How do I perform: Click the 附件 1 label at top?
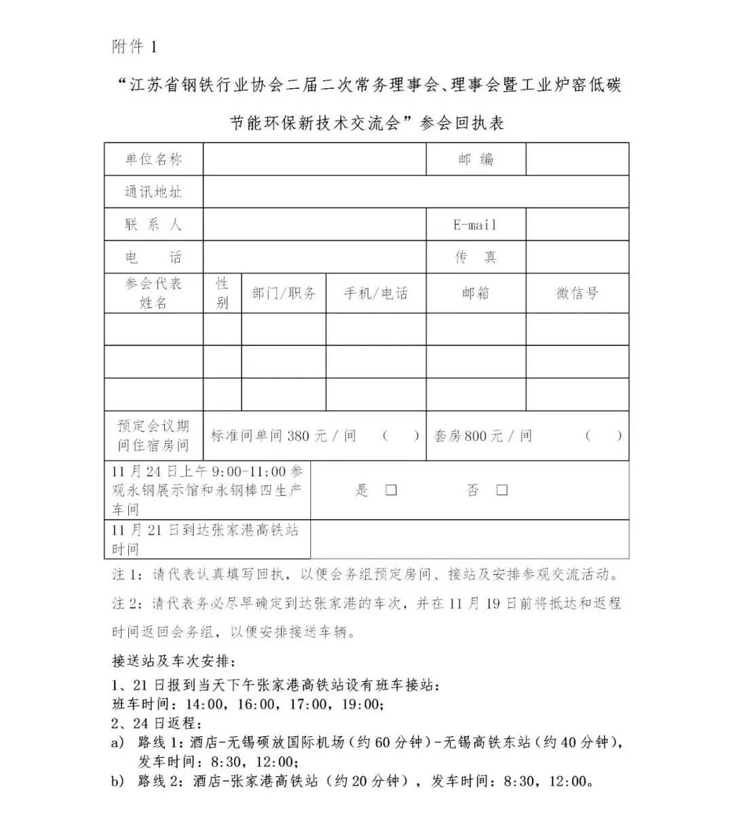point(134,47)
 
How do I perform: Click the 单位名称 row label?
point(153,159)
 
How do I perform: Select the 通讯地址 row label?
point(153,192)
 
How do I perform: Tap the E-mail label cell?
point(475,225)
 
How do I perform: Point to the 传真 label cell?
point(475,257)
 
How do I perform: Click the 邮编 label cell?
point(475,159)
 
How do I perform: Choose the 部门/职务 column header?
point(284,293)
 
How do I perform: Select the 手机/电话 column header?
point(376,293)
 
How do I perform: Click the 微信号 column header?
point(578,293)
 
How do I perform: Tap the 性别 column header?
point(222,293)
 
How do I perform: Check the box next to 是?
point(391,490)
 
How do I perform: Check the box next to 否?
point(502,490)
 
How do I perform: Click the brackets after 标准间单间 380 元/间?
point(400,436)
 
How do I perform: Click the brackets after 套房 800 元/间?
point(603,436)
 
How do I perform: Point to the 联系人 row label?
point(153,225)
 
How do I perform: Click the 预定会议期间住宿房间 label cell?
point(153,436)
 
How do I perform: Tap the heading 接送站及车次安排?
point(174,660)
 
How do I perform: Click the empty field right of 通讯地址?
point(415,192)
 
